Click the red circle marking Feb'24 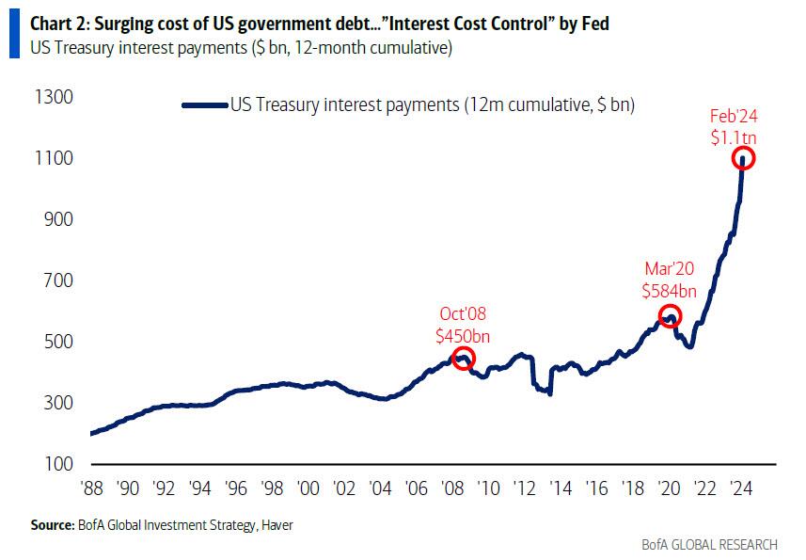click(743, 148)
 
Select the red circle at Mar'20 click(670, 306)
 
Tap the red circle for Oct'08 click(463, 348)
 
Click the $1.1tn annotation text click(734, 137)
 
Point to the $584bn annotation click(669, 291)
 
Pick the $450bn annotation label click(463, 336)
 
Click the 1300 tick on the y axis click(54, 97)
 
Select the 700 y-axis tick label click(58, 280)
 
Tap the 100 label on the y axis click(58, 464)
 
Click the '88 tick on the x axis click(92, 488)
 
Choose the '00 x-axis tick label click(308, 488)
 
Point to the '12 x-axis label click(525, 488)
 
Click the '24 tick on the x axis click(741, 488)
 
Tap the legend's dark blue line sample click(205, 105)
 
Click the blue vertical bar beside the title click(14, 34)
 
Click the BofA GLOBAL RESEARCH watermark click(709, 545)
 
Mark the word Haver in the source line click(277, 525)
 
